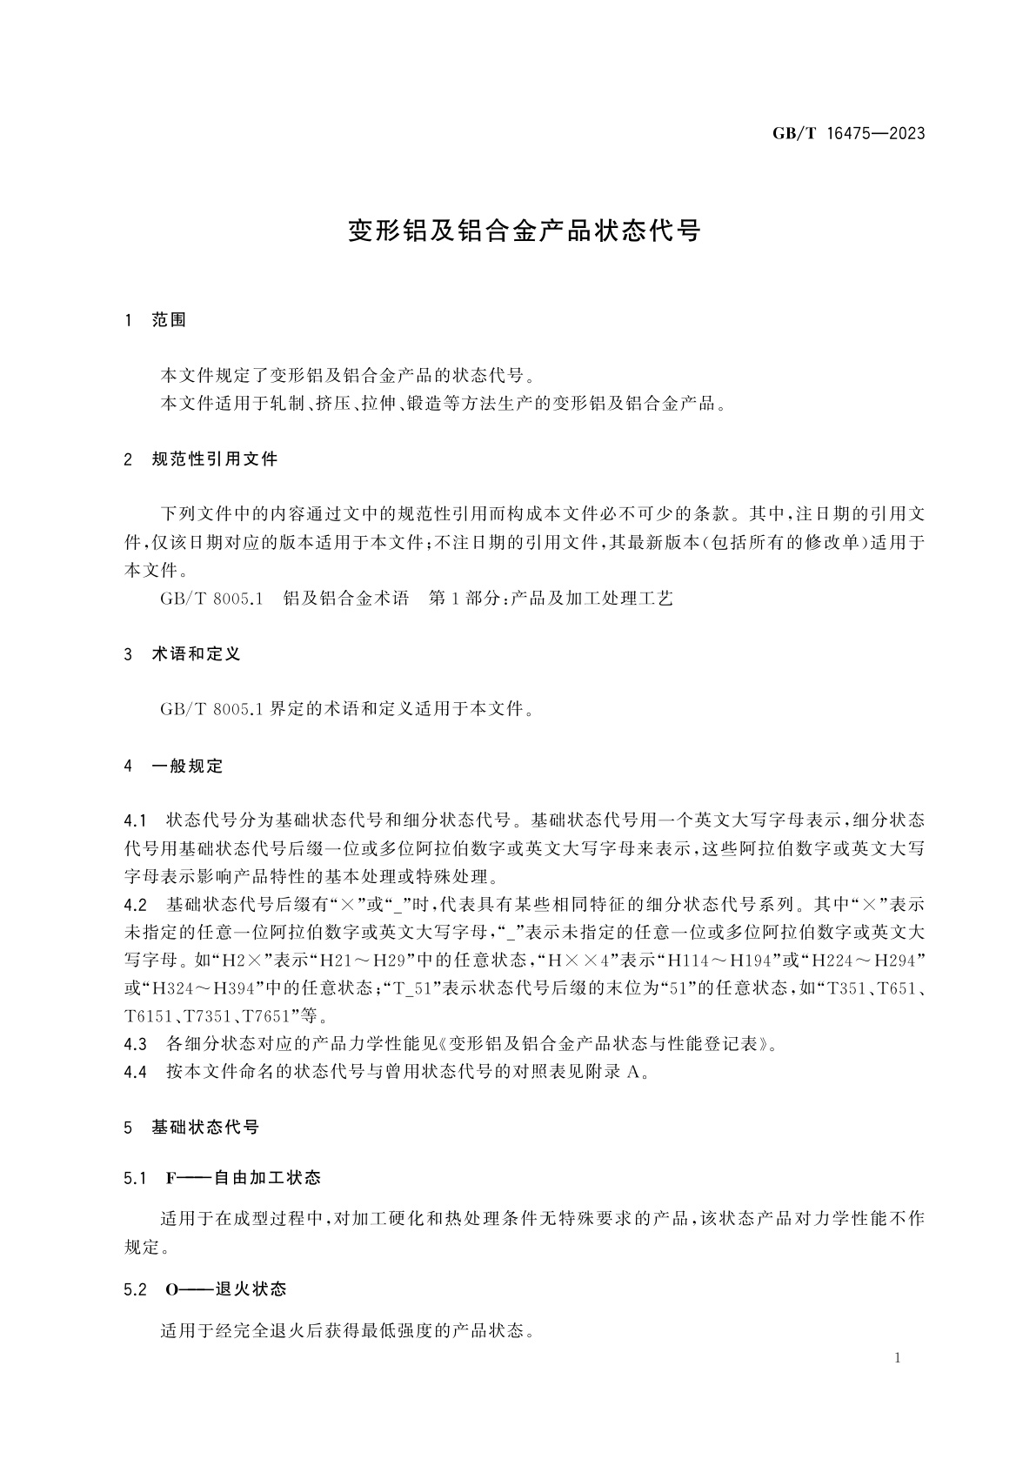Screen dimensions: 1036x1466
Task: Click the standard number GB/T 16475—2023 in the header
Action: coord(848,133)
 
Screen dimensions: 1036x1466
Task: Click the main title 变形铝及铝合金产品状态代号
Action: coord(524,231)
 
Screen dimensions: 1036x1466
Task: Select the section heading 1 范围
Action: coord(157,320)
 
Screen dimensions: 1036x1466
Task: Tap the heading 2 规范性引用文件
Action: coord(202,459)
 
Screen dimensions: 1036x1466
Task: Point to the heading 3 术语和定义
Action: coord(184,654)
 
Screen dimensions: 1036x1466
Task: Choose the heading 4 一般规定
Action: coord(175,766)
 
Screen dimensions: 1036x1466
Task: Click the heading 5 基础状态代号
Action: coord(193,1128)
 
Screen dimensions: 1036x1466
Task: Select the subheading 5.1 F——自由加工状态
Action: coord(224,1178)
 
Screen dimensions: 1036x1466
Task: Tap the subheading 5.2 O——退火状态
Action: coord(206,1289)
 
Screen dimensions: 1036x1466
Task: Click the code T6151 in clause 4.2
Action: coord(148,1016)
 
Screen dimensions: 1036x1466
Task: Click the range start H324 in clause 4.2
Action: coord(173,988)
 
